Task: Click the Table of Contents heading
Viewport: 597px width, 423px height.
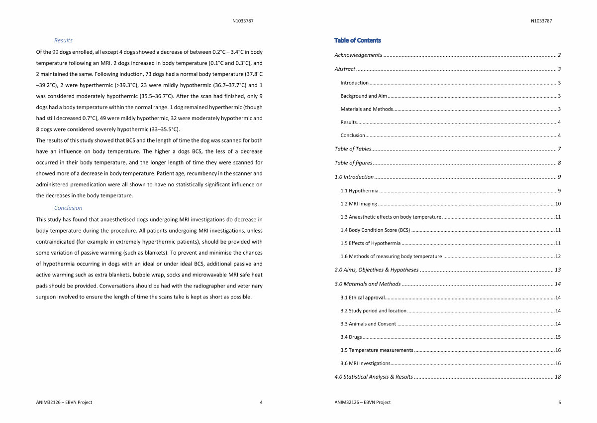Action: pyautogui.click(x=358, y=40)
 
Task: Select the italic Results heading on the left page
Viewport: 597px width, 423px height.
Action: pyautogui.click(x=63, y=40)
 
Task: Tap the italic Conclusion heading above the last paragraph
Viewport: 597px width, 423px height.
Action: pyautogui.click(x=68, y=208)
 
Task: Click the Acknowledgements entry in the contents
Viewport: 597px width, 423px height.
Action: pyautogui.click(x=358, y=55)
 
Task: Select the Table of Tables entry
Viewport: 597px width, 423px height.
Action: pyautogui.click(x=353, y=149)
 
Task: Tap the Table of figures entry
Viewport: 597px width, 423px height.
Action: pyautogui.click(x=353, y=163)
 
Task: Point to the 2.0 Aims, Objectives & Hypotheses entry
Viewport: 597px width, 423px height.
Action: pyautogui.click(x=377, y=270)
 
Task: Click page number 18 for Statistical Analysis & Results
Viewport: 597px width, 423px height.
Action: pyautogui.click(x=558, y=377)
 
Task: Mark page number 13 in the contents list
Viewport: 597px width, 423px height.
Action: pyautogui.click(x=558, y=270)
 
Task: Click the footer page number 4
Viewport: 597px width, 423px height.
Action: pyautogui.click(x=261, y=403)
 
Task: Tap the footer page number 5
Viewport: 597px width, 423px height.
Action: pyautogui.click(x=560, y=403)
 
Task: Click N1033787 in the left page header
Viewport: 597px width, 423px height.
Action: pyautogui.click(x=243, y=21)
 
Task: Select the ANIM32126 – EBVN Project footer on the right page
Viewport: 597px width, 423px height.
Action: pyautogui.click(x=363, y=403)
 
